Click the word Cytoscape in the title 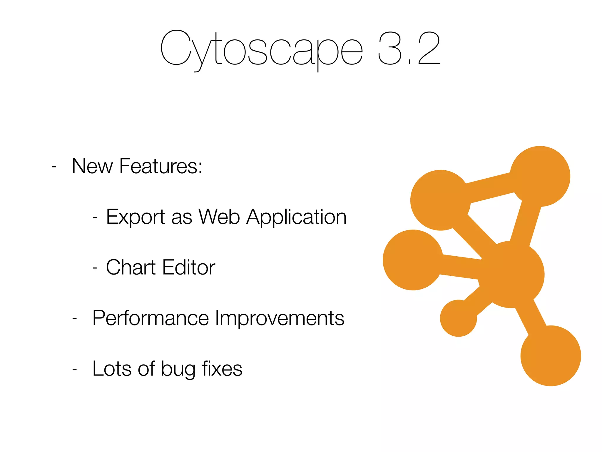point(261,49)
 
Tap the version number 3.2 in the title point(409,49)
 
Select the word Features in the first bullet point(161,166)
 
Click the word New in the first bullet point(92,166)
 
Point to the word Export point(135,217)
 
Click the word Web point(219,217)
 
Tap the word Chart point(131,267)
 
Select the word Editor point(189,267)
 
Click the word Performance point(150,318)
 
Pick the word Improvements point(279,318)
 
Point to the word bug point(178,369)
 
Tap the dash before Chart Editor point(95,268)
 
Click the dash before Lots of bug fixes point(75,369)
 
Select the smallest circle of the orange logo point(458,318)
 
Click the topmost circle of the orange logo point(540,176)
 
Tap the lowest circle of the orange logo point(551,356)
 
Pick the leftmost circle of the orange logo point(413,260)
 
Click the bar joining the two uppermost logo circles point(490,188)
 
